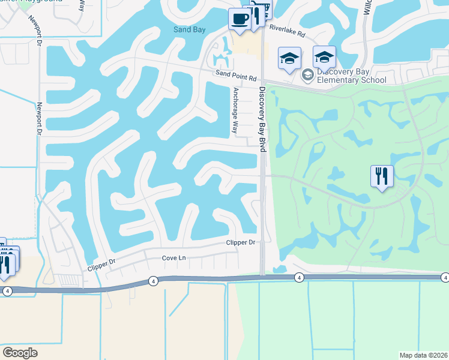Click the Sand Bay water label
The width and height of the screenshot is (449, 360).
point(190,29)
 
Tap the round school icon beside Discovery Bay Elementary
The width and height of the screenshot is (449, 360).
point(308,75)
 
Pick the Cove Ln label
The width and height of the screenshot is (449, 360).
point(175,258)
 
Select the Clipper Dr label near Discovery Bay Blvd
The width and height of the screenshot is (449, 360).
point(241,242)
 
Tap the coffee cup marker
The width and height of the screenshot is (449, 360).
point(239,19)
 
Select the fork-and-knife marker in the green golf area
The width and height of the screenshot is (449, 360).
point(382,176)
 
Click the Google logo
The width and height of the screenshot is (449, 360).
point(20,353)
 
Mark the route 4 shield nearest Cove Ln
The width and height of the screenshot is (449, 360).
point(154,280)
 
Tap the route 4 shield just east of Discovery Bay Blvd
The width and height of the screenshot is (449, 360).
point(298,277)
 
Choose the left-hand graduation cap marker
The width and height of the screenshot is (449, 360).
point(289,59)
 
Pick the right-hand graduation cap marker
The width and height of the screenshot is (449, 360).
point(324,57)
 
